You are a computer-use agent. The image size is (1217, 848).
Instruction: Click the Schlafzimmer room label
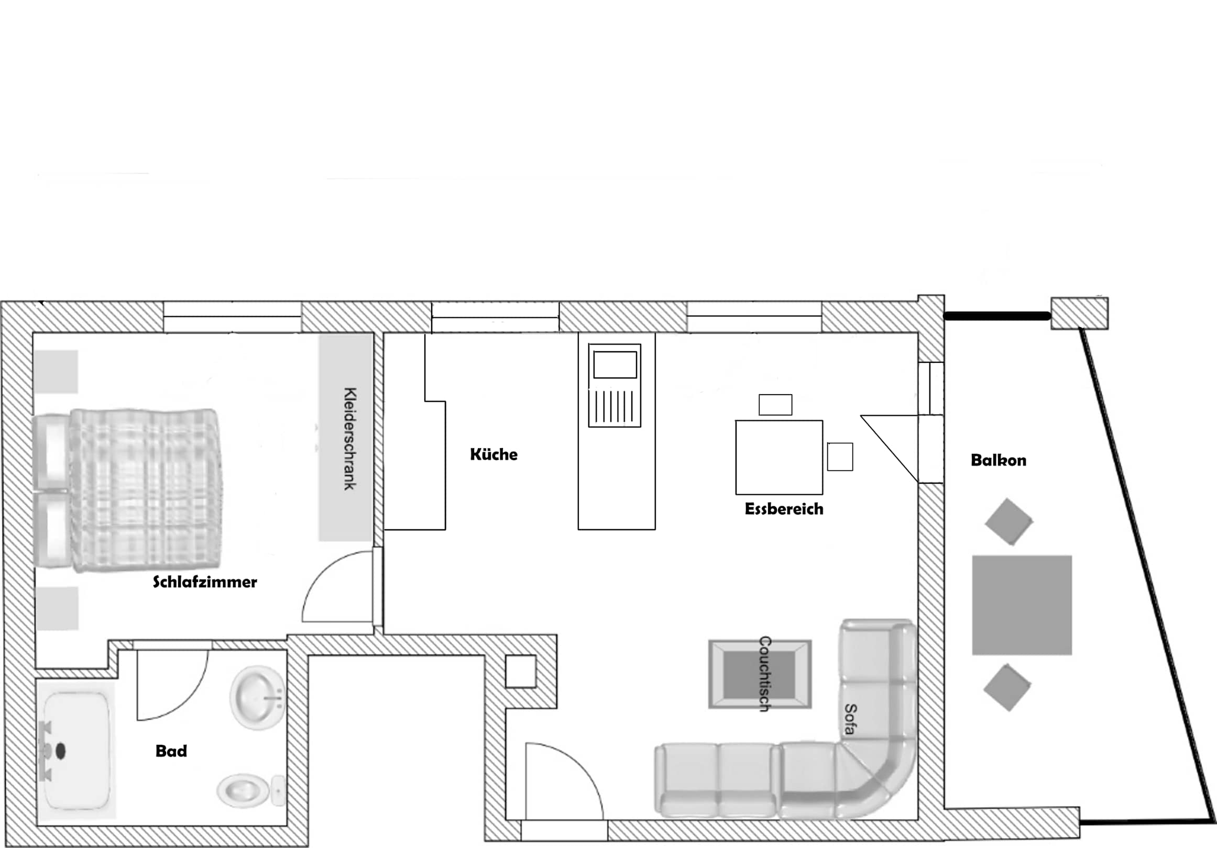pos(205,582)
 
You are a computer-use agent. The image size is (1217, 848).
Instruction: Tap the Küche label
pos(494,454)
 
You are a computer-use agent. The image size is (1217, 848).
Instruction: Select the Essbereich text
pos(784,509)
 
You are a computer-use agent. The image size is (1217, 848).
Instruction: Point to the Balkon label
pos(999,460)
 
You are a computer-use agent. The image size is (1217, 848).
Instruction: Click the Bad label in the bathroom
pos(171,751)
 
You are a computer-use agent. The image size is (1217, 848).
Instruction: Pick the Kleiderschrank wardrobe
pos(346,438)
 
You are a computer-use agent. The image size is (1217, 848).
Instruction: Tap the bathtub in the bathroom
pos(77,751)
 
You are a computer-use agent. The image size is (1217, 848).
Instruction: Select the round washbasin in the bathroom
pos(258,697)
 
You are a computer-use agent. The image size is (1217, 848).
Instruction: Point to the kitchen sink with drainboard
pos(615,386)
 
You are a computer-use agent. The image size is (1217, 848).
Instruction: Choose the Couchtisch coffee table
pos(760,674)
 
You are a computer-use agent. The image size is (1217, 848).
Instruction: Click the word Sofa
pos(850,719)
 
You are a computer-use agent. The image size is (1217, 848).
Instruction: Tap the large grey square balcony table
pos(1022,605)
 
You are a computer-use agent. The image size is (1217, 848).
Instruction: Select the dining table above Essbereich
pos(779,457)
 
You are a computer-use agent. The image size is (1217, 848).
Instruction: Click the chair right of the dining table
pos(840,456)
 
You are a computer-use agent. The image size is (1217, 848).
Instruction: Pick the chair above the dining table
pos(775,405)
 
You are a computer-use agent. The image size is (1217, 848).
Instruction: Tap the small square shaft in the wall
pos(521,672)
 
